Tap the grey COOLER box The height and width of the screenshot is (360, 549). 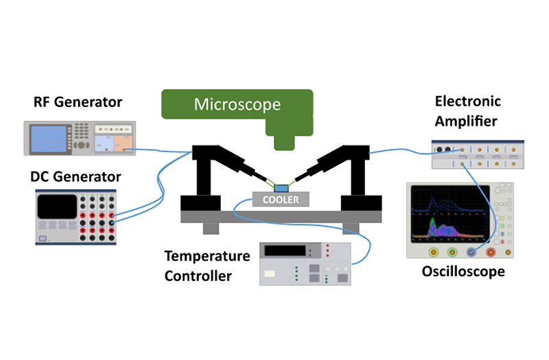[281, 200]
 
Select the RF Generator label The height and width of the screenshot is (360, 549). [78, 102]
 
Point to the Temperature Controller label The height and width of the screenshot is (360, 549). [207, 266]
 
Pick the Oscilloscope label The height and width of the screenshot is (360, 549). [463, 272]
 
